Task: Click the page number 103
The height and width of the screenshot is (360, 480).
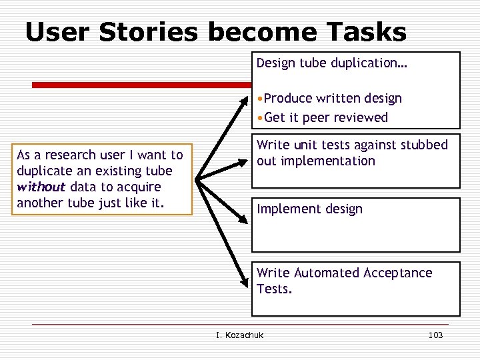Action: click(x=435, y=335)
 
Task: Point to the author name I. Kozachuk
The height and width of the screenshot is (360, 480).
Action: click(x=240, y=335)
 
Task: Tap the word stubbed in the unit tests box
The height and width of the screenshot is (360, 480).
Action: click(x=425, y=145)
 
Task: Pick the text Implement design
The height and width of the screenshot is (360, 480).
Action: click(x=309, y=209)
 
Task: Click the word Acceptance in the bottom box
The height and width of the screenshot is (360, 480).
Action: click(x=397, y=273)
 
